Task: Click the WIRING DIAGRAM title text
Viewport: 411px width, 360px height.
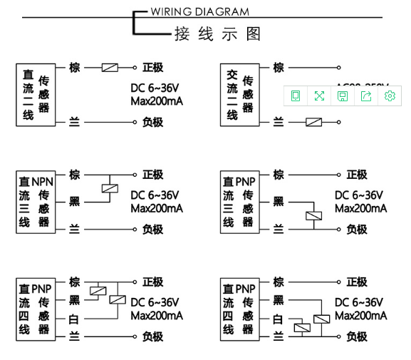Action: coord(200,11)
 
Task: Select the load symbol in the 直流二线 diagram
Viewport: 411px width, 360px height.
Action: coord(110,68)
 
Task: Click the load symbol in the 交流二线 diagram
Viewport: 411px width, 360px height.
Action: coord(314,122)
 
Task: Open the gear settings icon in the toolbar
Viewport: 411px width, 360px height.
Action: coord(390,96)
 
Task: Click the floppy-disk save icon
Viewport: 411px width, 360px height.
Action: coord(343,96)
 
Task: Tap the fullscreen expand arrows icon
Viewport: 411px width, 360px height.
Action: coord(319,96)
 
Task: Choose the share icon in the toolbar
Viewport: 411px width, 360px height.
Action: coord(366,96)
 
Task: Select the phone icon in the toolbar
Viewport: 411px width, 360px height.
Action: coord(296,96)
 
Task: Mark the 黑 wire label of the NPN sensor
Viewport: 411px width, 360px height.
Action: coord(74,202)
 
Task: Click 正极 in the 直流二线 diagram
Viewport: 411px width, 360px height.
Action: coord(153,68)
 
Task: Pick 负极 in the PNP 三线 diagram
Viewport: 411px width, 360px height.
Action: coord(357,229)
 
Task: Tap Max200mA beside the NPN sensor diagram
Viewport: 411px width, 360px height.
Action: coord(157,208)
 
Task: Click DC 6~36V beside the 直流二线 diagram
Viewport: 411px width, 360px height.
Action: coord(155,88)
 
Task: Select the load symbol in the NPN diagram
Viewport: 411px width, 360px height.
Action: coord(110,189)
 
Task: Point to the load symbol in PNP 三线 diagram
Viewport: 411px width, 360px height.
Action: coord(313,215)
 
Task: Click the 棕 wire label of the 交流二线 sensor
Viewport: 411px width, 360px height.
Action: coord(279,68)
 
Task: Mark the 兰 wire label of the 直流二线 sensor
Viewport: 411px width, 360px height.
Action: coord(74,122)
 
